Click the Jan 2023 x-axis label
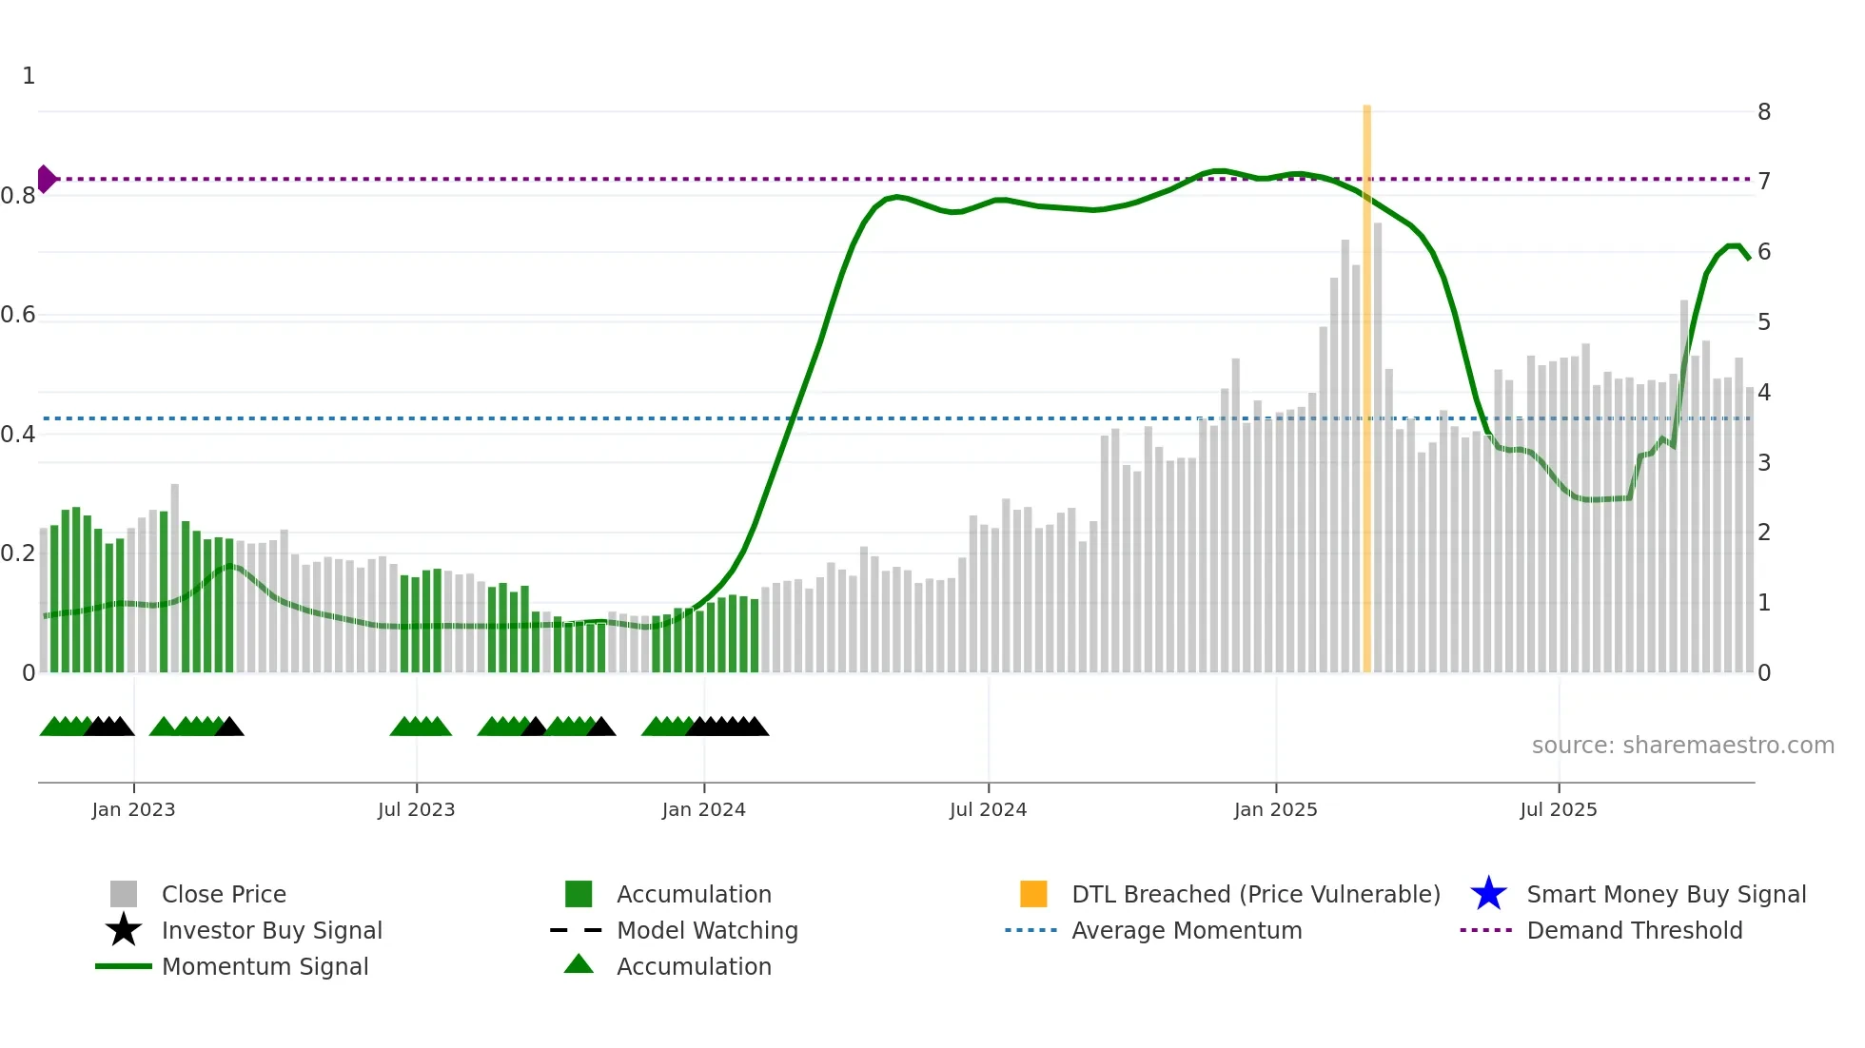(x=133, y=809)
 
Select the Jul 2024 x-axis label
(x=988, y=809)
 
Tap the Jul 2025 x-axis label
(x=1558, y=809)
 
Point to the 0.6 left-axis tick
(x=18, y=315)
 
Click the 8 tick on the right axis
(x=1763, y=112)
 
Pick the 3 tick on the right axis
(x=1763, y=463)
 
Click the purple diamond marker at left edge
(x=46, y=179)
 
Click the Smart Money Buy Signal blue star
(x=1488, y=894)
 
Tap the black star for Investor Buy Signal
(x=124, y=930)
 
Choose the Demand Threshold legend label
(x=1634, y=930)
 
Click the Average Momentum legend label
(x=1186, y=930)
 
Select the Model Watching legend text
(x=707, y=930)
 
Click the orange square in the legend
(x=1033, y=894)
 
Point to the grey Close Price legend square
(x=124, y=894)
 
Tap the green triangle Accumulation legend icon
(x=579, y=965)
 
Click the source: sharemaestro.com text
(x=1682, y=745)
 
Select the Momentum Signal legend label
(x=265, y=966)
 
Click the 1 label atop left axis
(x=29, y=76)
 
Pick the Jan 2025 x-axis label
(x=1275, y=809)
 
